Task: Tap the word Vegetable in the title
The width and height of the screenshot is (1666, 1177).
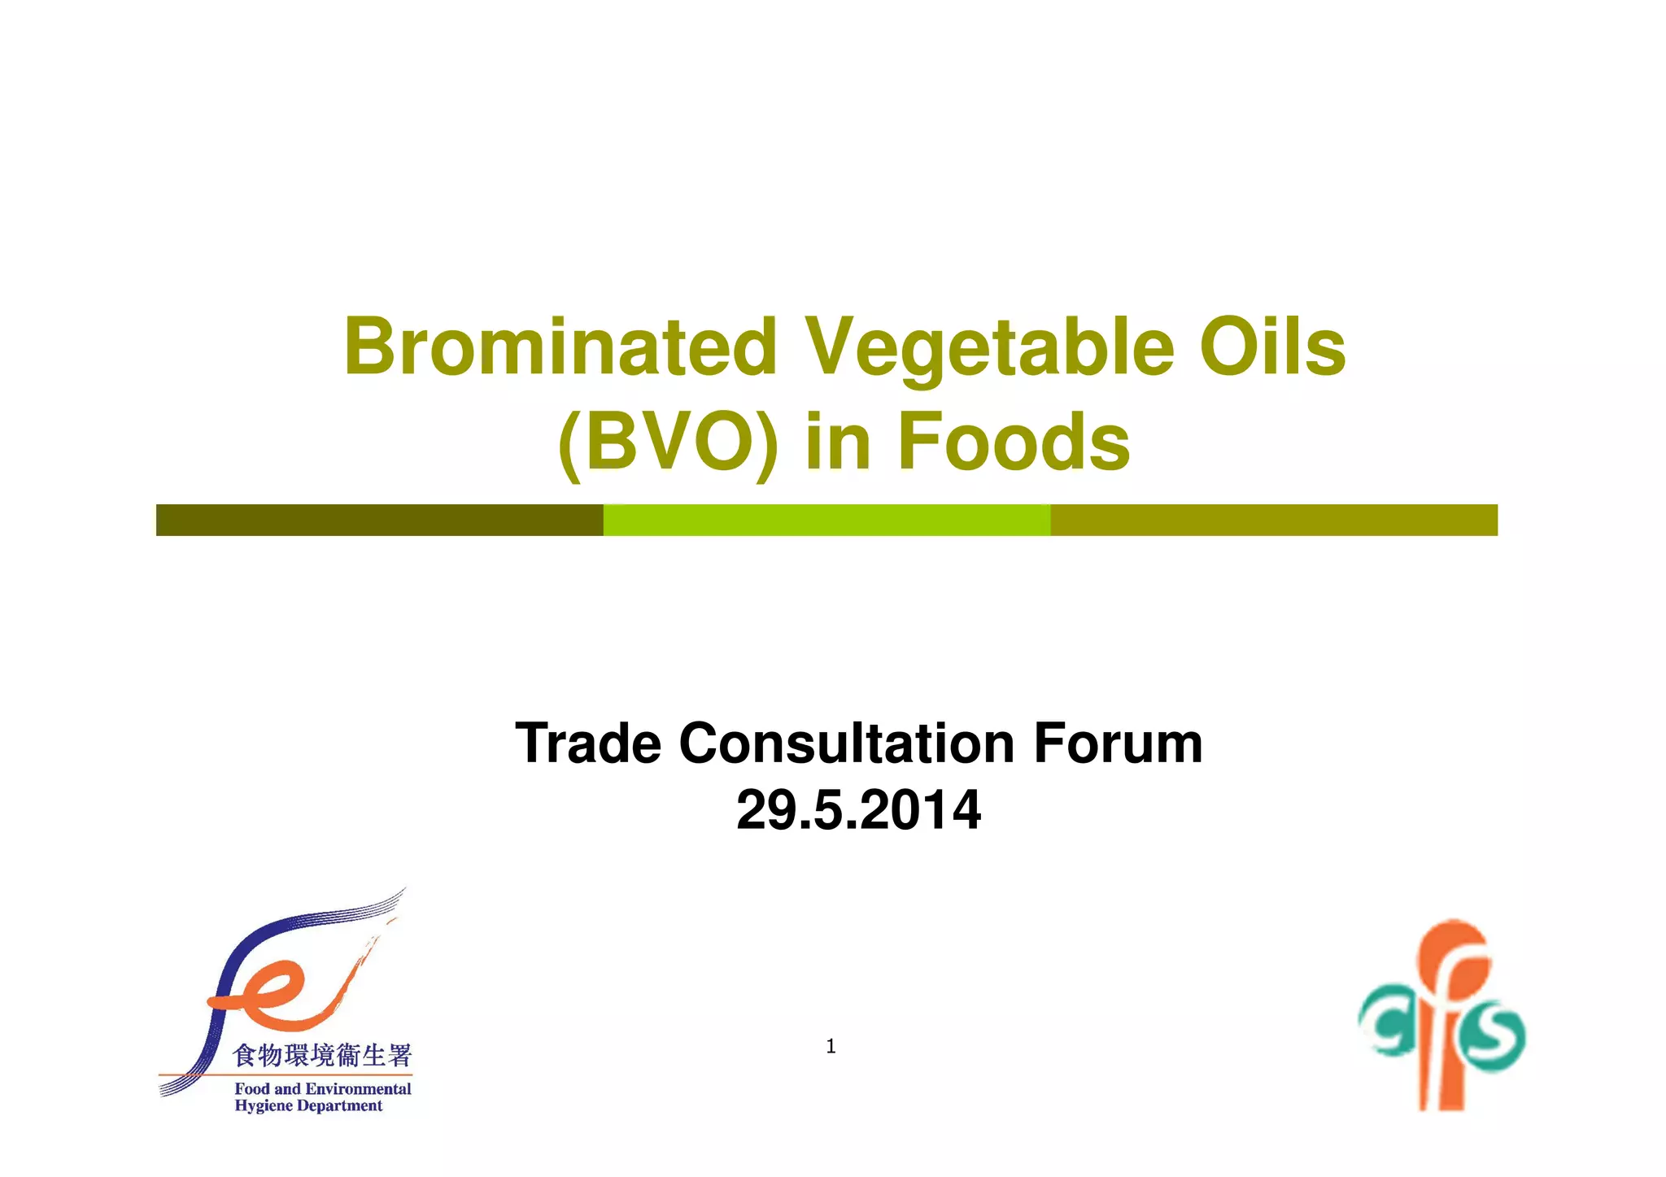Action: pyautogui.click(x=989, y=348)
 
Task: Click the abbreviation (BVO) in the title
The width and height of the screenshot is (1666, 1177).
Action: pyautogui.click(x=668, y=442)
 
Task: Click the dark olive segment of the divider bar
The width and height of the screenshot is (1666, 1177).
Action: pyautogui.click(x=379, y=520)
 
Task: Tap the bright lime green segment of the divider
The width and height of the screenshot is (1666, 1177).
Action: pyautogui.click(x=826, y=520)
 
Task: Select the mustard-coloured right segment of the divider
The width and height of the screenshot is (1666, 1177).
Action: pyautogui.click(x=1273, y=520)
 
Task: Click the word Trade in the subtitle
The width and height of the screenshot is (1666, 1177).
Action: pyautogui.click(x=588, y=743)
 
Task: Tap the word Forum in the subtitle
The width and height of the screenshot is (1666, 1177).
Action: pyautogui.click(x=1118, y=743)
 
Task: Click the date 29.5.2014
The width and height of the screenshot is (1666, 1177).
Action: pyautogui.click(x=858, y=810)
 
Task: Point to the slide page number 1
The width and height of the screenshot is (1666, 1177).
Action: pyautogui.click(x=831, y=1046)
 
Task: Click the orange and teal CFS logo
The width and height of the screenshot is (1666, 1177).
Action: pyautogui.click(x=1442, y=1018)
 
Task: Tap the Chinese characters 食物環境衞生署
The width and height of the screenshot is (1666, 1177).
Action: pyautogui.click(x=322, y=1055)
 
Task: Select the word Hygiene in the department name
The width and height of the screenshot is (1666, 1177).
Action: pyautogui.click(x=263, y=1105)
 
